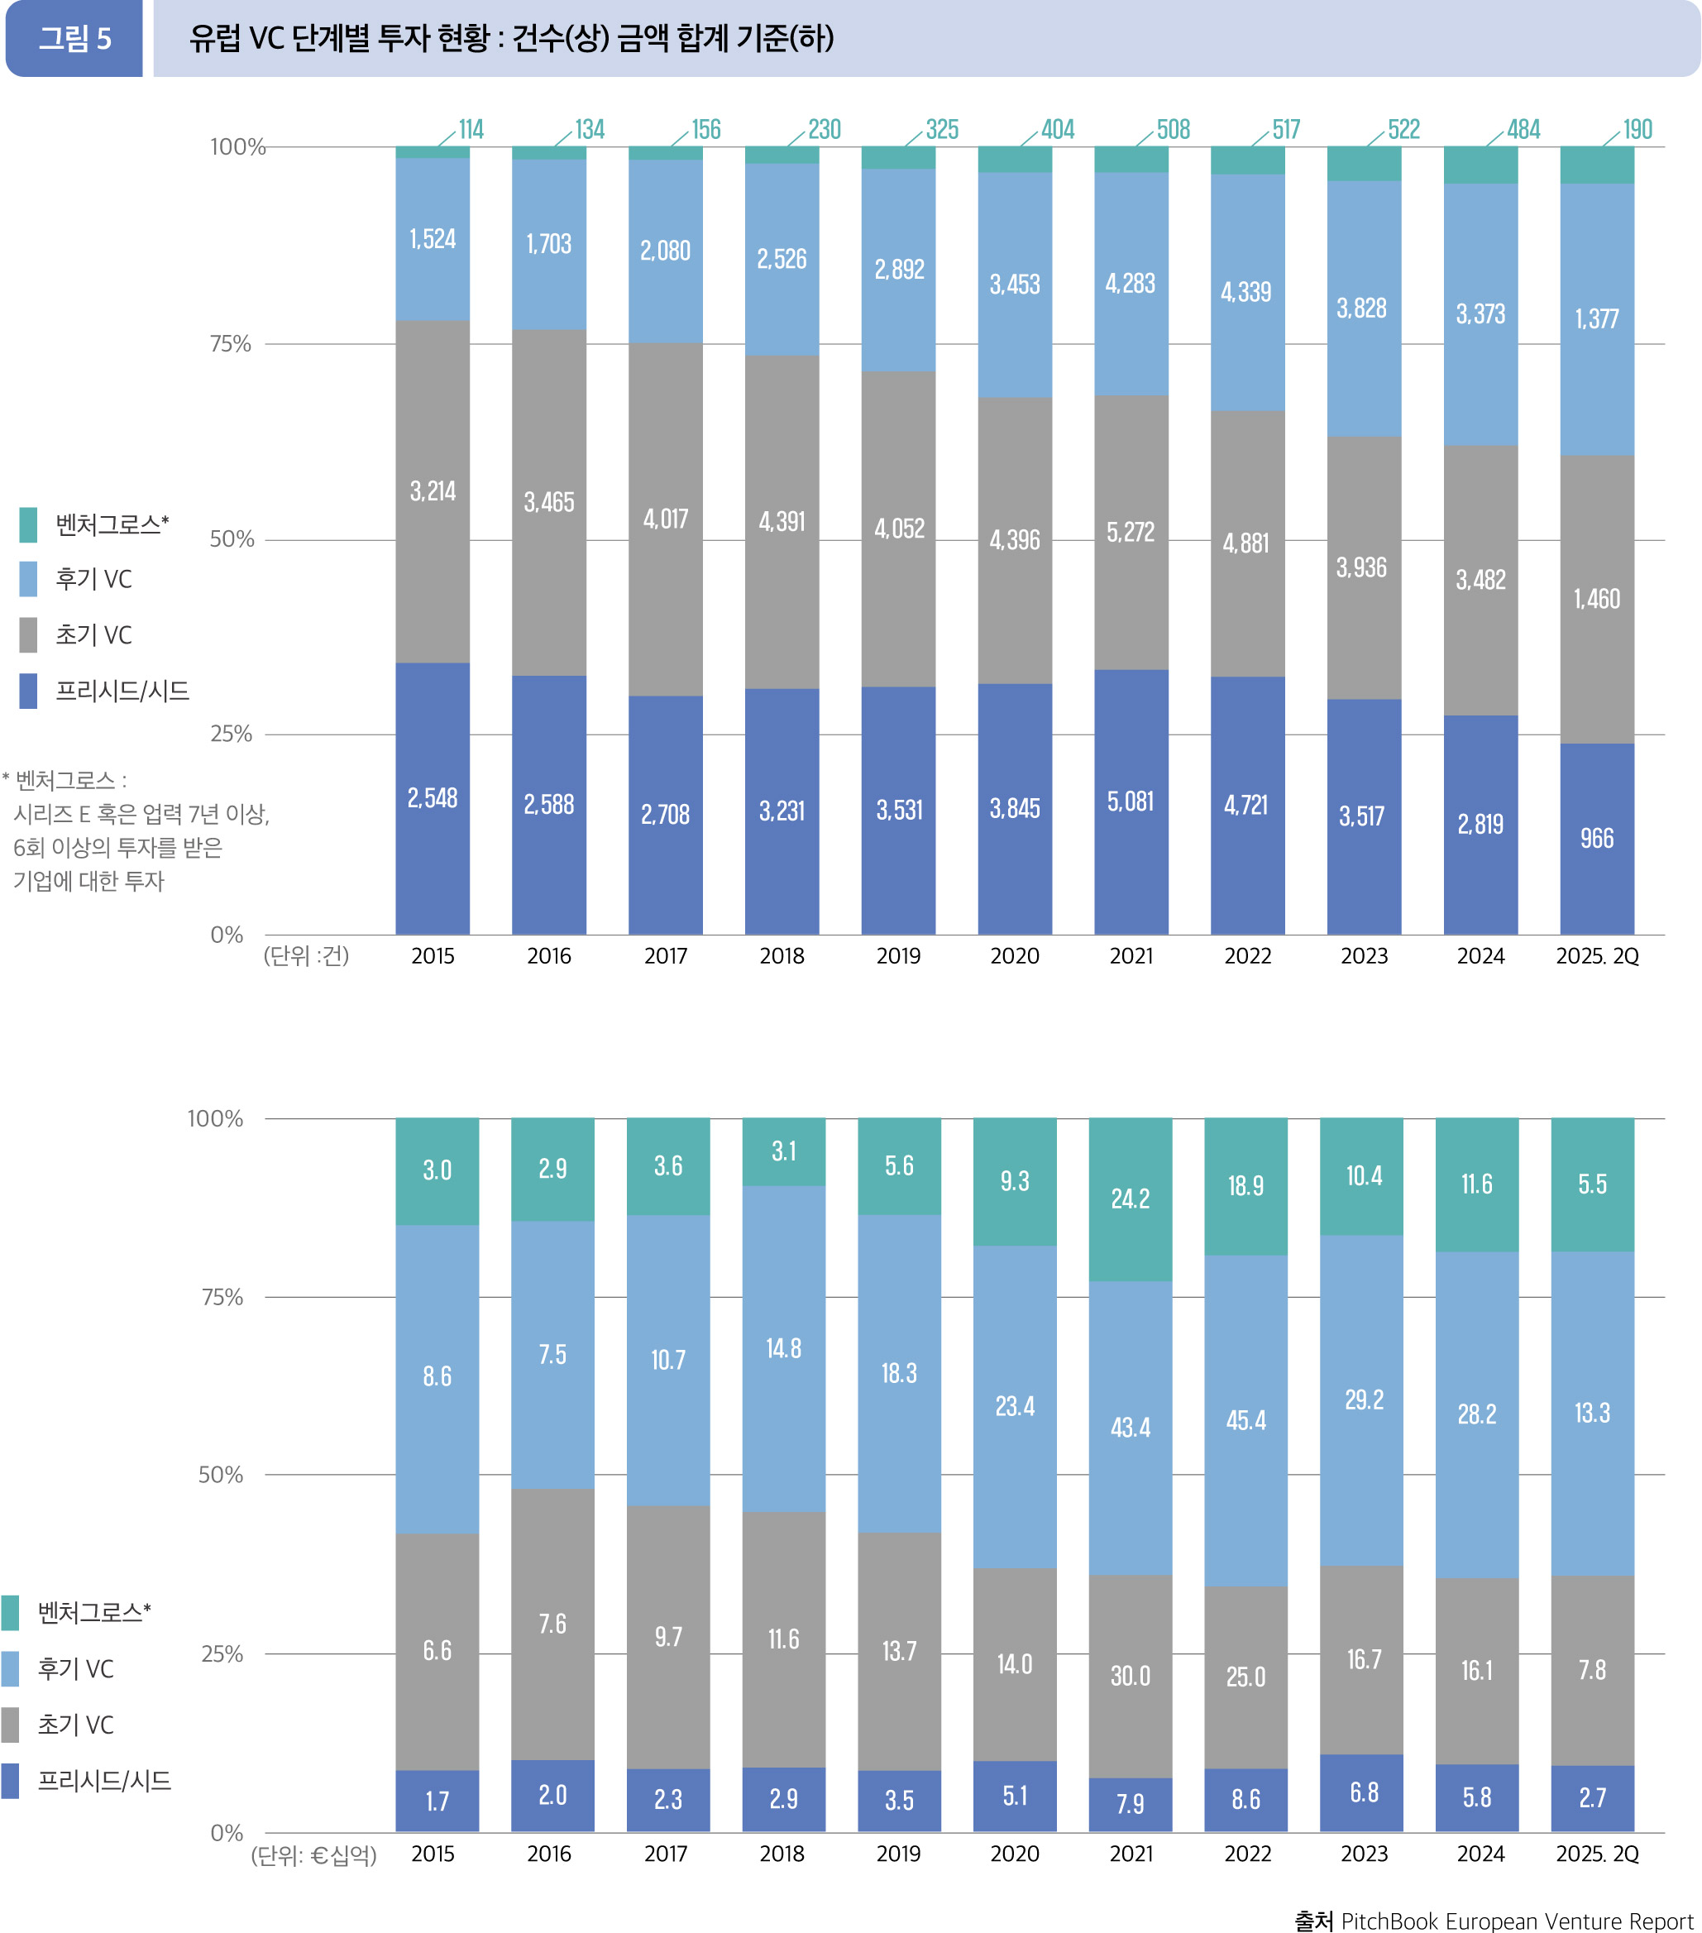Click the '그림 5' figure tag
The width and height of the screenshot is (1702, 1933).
pyautogui.click(x=74, y=39)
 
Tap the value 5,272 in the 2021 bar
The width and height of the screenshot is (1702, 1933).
pyautogui.click(x=1131, y=533)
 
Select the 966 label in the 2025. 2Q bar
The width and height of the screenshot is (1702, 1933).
pyautogui.click(x=1596, y=839)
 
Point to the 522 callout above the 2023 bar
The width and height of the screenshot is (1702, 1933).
pyautogui.click(x=1403, y=130)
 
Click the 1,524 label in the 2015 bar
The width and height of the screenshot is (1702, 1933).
pyautogui.click(x=433, y=239)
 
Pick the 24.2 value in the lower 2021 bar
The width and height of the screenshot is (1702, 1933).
pyautogui.click(x=1130, y=1199)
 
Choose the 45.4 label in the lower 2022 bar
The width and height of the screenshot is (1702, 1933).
pyautogui.click(x=1245, y=1420)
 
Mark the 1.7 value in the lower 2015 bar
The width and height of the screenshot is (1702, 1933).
pyautogui.click(x=437, y=1801)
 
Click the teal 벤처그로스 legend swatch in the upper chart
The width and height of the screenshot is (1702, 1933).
pyautogui.click(x=28, y=525)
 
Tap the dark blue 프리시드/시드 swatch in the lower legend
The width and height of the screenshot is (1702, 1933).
pyautogui.click(x=11, y=1781)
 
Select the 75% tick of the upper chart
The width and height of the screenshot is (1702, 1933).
pyautogui.click(x=231, y=344)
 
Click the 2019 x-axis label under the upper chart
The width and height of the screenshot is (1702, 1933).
pyautogui.click(x=898, y=956)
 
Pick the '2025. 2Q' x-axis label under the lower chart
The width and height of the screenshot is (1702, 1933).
pyautogui.click(x=1597, y=1854)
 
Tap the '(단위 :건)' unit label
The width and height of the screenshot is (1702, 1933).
pyautogui.click(x=306, y=956)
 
